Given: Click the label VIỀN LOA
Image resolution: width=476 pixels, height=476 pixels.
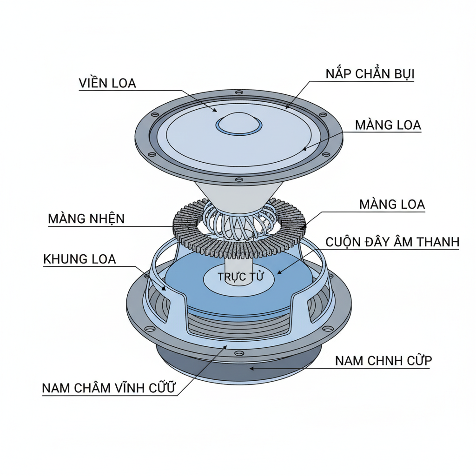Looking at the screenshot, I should (x=107, y=83).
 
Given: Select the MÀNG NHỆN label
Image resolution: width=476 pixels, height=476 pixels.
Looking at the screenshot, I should (x=86, y=218).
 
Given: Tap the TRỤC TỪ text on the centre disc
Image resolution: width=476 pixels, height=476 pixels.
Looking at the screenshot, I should (x=240, y=277).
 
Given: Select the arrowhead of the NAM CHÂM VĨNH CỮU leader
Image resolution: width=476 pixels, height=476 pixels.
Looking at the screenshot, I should (x=226, y=346).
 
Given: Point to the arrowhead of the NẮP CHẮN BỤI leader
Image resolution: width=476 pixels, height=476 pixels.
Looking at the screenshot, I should (x=287, y=108).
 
